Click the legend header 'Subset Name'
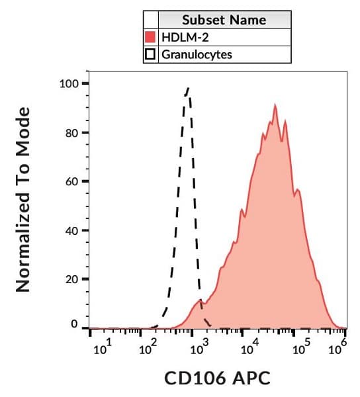(x=224, y=20)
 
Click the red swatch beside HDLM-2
(x=150, y=37)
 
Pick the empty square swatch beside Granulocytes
(x=150, y=54)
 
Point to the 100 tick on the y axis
(x=69, y=84)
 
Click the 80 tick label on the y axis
(x=71, y=133)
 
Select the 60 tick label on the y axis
(x=71, y=181)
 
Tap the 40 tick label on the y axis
(x=71, y=230)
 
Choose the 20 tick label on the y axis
(x=71, y=279)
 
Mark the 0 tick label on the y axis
(x=75, y=325)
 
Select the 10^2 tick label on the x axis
(x=148, y=348)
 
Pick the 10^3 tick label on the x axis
(x=196, y=348)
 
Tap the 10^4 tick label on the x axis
(x=249, y=348)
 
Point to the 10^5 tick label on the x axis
(x=301, y=348)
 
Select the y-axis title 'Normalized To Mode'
(x=24, y=200)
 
